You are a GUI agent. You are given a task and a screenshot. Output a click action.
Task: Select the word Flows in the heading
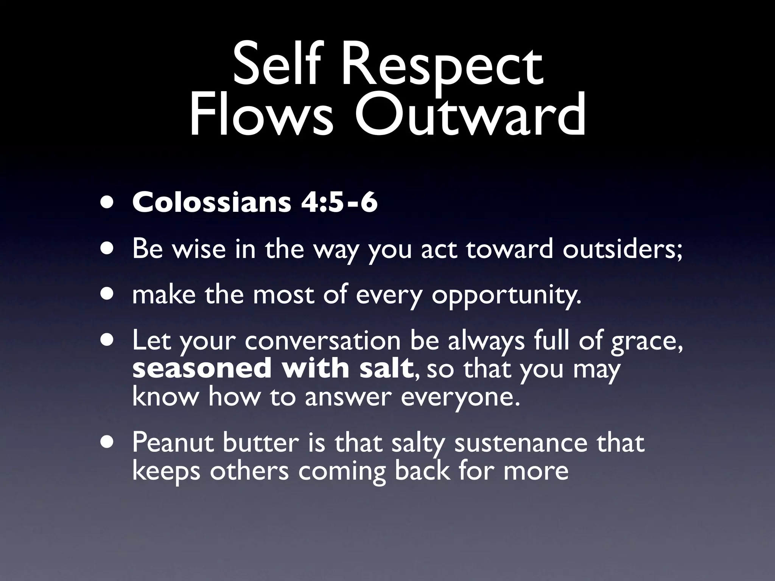click(261, 115)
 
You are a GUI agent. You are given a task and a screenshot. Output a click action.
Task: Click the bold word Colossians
click(212, 202)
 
